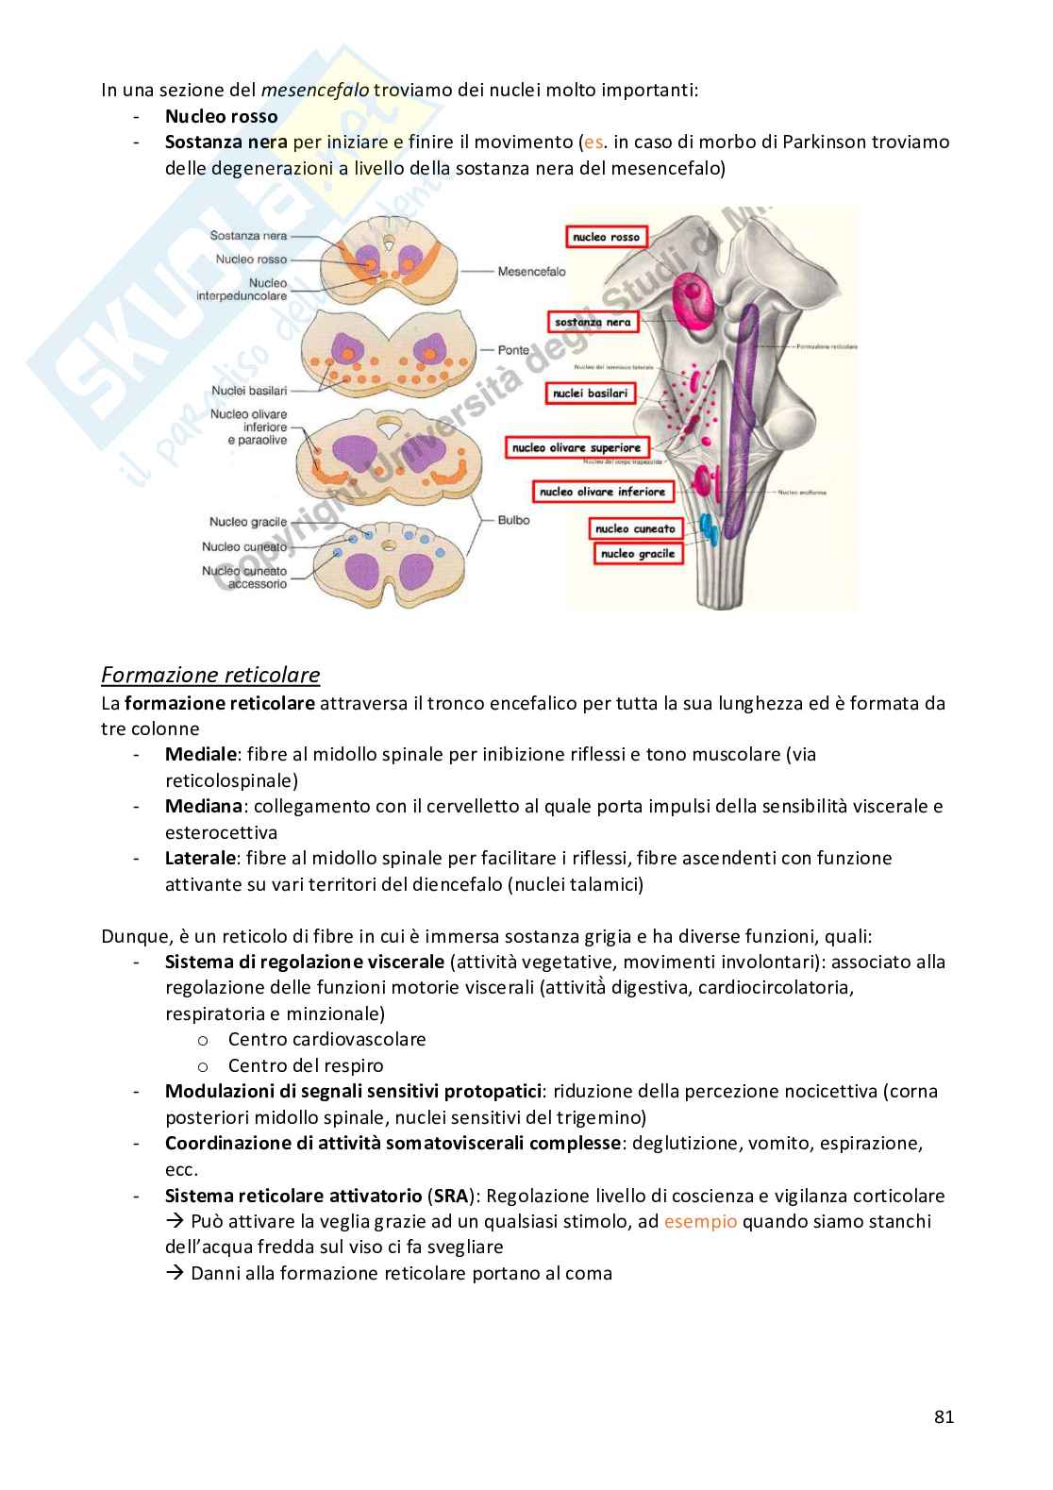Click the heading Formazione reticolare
[210, 675]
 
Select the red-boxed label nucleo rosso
[606, 238]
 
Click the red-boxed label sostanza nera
[593, 322]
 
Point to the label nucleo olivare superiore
[576, 447]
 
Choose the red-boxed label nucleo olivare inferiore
[603, 492]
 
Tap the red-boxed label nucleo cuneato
[635, 529]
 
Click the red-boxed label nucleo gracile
[637, 554]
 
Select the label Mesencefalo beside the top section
[532, 271]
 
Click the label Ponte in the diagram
[514, 350]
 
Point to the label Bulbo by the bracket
[514, 519]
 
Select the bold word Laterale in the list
[199, 858]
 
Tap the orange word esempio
[701, 1221]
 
